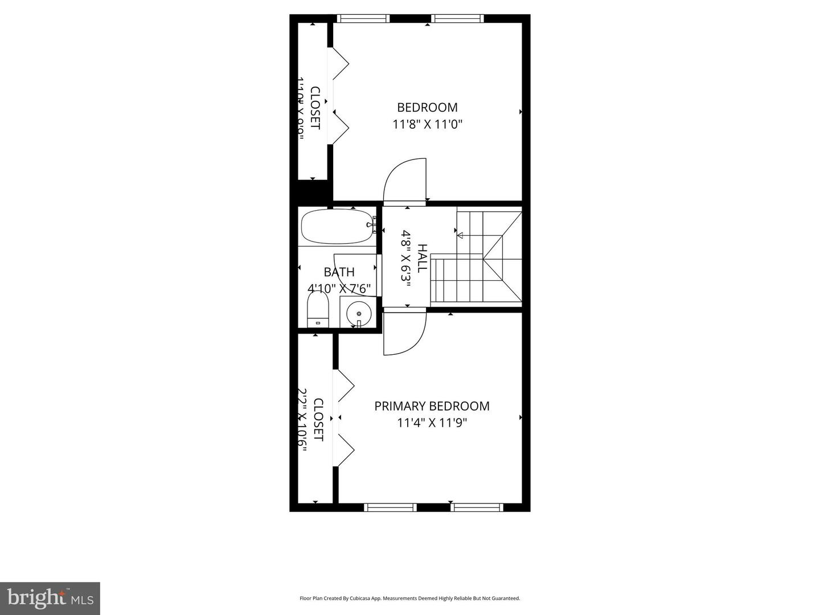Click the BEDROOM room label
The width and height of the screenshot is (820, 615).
tap(427, 108)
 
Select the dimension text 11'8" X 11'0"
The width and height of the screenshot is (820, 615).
tap(427, 124)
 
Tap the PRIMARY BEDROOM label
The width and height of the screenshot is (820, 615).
tap(432, 406)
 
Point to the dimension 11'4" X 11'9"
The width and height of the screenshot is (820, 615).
tap(432, 423)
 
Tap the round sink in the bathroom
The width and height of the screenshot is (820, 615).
tap(359, 313)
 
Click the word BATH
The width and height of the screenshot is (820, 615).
tap(339, 272)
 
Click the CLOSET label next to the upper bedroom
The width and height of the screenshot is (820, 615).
tap(315, 108)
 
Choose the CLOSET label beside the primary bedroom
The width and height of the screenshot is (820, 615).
tap(318, 420)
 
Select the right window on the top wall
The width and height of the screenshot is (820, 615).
tap(458, 19)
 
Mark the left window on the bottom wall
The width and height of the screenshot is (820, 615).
tap(390, 507)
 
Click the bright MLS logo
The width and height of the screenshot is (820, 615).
tap(50, 598)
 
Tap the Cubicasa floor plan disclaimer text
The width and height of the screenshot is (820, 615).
tap(409, 598)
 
